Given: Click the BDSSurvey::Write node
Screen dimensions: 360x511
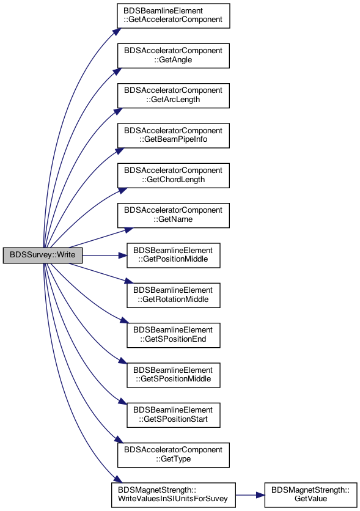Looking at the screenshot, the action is pyautogui.click(x=43, y=255).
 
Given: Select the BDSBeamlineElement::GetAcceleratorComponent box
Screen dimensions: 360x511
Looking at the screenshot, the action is pyautogui.click(x=174, y=16).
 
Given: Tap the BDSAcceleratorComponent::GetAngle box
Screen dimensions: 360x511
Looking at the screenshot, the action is pyautogui.click(x=174, y=56).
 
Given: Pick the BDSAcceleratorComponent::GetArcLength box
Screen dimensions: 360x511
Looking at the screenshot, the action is pyautogui.click(x=174, y=95).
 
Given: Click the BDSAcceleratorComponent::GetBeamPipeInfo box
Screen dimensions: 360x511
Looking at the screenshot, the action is pyautogui.click(x=174, y=136).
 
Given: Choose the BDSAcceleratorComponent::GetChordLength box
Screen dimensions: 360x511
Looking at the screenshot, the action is pyautogui.click(x=174, y=175).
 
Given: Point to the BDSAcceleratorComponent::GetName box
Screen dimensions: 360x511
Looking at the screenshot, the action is pyautogui.click(x=174, y=215).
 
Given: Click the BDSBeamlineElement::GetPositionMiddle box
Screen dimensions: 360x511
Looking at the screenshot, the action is pyautogui.click(x=174, y=255).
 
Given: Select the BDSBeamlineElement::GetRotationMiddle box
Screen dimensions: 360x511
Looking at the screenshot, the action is pyautogui.click(x=174, y=295).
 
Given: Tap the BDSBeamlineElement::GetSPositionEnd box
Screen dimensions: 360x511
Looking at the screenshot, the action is pyautogui.click(x=174, y=335).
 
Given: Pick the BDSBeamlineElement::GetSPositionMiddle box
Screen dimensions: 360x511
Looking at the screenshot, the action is pyautogui.click(x=174, y=375).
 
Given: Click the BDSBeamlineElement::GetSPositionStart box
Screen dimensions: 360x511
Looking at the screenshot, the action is pyautogui.click(x=174, y=415).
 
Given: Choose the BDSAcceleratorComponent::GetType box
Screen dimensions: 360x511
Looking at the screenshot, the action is pyautogui.click(x=174, y=455).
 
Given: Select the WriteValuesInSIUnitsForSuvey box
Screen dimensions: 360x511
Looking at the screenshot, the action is pyautogui.click(x=174, y=494).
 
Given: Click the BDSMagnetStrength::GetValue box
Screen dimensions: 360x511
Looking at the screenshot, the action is pyautogui.click(x=310, y=494).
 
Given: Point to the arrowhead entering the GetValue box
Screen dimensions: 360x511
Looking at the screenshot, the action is pyautogui.click(x=260, y=495).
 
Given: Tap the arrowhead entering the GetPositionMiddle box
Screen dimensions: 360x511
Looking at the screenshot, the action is pyautogui.click(x=122, y=256).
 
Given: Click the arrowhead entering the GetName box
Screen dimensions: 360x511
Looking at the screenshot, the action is pyautogui.click(x=129, y=230).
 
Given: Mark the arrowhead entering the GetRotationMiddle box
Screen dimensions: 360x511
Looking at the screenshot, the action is pyautogui.click(x=129, y=281).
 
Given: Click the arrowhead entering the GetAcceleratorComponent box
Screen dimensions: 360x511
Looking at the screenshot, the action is pyautogui.click(x=117, y=31).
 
